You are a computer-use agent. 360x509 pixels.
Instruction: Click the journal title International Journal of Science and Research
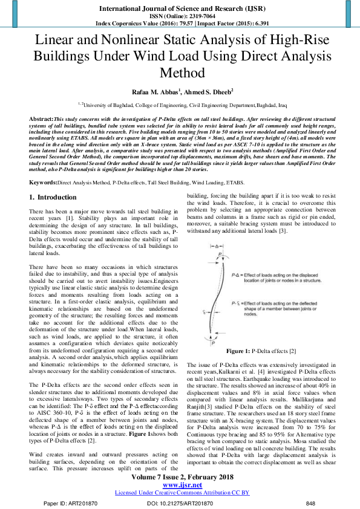[180, 7]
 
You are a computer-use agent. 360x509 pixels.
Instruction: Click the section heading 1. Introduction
[53, 197]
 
